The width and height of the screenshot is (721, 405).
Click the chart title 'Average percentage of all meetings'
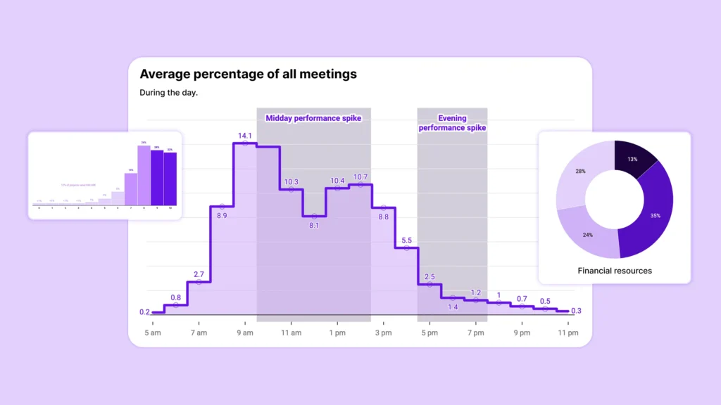coord(248,74)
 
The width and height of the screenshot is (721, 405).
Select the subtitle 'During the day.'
coord(169,93)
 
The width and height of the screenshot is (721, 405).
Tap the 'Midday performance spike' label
coord(313,118)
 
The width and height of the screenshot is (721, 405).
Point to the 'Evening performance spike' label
coord(452,123)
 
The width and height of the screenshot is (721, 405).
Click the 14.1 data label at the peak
coord(244,135)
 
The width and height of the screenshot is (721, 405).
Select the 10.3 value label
coord(291,182)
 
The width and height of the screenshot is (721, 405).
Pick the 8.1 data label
coord(314,225)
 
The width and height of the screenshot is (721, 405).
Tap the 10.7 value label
coord(360,176)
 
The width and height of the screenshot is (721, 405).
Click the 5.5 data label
coord(407,240)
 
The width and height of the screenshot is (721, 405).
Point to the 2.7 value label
coord(199,274)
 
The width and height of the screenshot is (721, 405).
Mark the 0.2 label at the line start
coord(144,312)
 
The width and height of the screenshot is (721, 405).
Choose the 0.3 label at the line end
coord(576,311)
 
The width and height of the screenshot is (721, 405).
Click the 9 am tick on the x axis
coord(244,333)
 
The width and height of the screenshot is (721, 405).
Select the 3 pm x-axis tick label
coord(382,333)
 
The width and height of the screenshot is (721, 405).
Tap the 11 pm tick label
coord(568,333)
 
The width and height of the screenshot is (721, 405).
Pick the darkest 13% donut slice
coord(633,160)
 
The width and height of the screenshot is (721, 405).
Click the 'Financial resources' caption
coord(615,271)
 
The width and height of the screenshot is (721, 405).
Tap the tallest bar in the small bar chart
coord(144,173)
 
